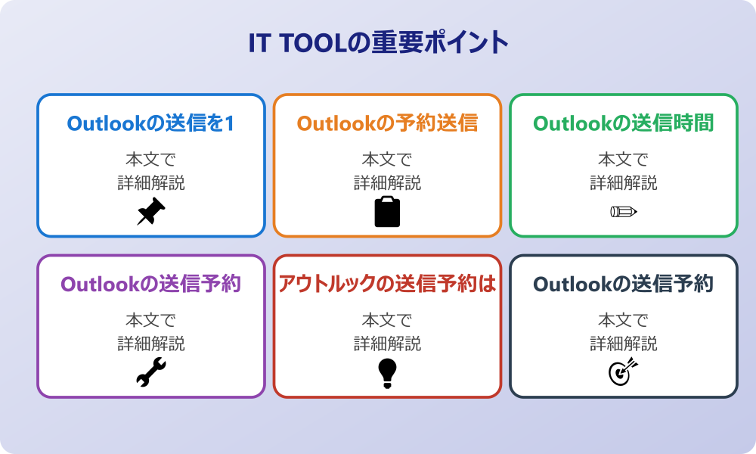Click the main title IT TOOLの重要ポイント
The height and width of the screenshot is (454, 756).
(378, 43)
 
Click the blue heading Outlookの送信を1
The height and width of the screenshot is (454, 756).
(150, 123)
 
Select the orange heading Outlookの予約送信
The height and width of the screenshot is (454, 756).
(387, 123)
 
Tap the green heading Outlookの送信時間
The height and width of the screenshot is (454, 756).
(624, 123)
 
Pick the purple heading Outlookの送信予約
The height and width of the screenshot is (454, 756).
(150, 284)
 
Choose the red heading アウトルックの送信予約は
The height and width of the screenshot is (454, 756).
(387, 284)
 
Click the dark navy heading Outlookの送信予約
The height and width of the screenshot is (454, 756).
(624, 284)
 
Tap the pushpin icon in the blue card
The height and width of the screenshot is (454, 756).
(150, 212)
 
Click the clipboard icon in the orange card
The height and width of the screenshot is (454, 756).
(387, 212)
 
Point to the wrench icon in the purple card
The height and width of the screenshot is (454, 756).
(150, 372)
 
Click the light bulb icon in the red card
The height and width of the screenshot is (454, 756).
(387, 372)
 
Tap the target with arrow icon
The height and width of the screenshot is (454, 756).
(624, 372)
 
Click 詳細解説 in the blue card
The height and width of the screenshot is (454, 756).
(150, 183)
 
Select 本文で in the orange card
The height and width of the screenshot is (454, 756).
(387, 160)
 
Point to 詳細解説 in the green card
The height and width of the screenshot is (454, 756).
(624, 183)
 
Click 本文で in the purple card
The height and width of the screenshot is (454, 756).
(150, 320)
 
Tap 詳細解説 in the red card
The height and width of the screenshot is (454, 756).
(387, 344)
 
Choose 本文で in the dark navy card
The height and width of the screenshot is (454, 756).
(624, 320)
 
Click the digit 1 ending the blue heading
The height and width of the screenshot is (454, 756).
(228, 123)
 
